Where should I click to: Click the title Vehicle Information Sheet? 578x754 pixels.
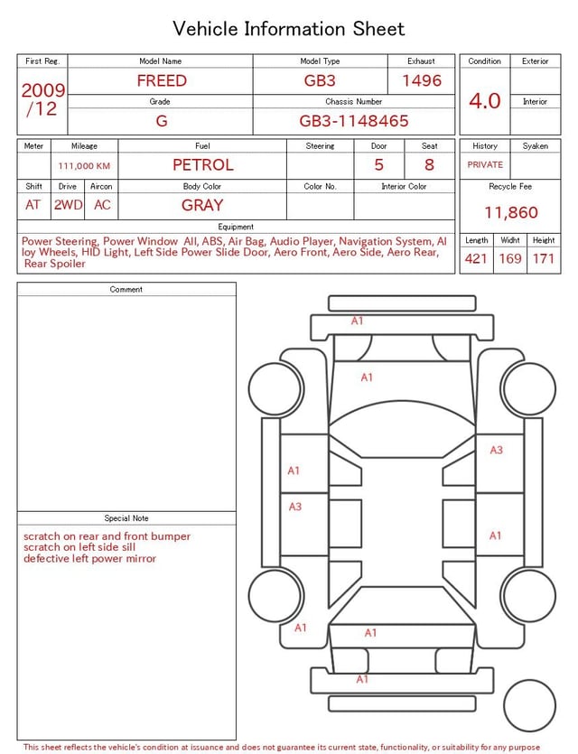[x=289, y=29]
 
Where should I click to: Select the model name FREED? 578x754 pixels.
[x=162, y=80]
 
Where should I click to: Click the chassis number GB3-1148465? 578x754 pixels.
[x=354, y=120]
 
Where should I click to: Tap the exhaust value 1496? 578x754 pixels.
[x=422, y=80]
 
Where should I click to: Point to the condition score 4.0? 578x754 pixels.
[x=485, y=100]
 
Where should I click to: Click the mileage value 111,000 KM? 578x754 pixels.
[x=84, y=166]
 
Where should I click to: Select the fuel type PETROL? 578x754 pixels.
[x=203, y=164]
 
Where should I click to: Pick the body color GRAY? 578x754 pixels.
[x=202, y=205]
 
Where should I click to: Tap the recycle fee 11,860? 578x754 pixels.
[x=511, y=212]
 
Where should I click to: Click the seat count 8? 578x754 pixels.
[x=429, y=164]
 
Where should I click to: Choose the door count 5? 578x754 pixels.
[x=379, y=164]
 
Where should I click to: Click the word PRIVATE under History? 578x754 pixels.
[x=485, y=164]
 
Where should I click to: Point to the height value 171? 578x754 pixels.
[x=544, y=259]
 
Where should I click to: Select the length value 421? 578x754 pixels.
[x=476, y=259]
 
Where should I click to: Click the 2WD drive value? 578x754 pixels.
[x=68, y=205]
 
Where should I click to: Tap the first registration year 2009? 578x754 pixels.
[x=43, y=90]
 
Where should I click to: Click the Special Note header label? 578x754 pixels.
[x=126, y=518]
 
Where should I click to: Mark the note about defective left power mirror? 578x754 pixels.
[x=89, y=559]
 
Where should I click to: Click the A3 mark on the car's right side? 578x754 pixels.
[x=496, y=450]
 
